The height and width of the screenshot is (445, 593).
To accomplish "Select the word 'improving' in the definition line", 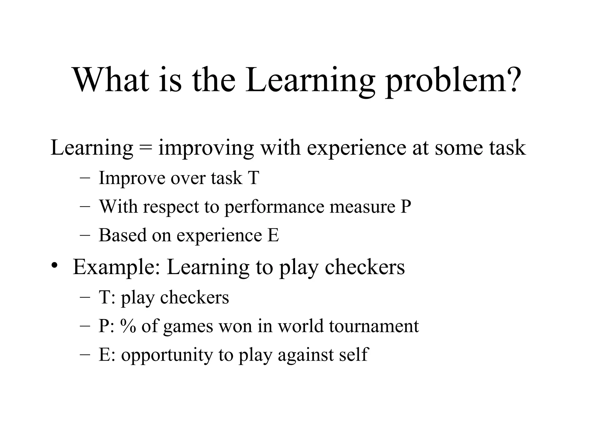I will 206,149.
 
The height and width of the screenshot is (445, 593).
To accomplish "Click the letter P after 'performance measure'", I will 406,206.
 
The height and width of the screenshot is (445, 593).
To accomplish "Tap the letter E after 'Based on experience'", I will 273,235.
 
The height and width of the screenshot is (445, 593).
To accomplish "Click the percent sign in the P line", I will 128,326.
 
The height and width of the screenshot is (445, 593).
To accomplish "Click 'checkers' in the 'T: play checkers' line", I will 194,297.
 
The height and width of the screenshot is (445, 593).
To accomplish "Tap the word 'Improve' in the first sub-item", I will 132,178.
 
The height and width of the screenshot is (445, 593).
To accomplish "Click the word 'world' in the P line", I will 301,326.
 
